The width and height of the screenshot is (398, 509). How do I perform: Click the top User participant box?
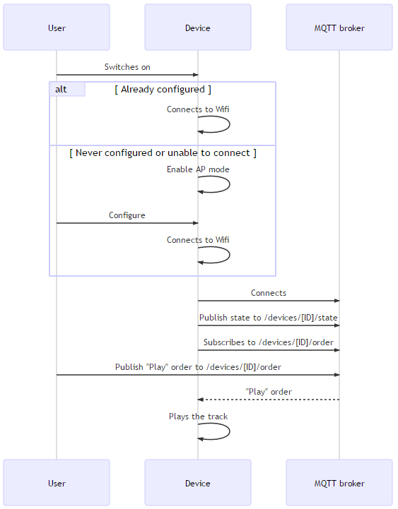click(57, 28)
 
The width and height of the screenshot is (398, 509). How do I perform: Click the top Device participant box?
click(198, 28)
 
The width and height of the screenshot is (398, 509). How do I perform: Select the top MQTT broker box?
click(339, 28)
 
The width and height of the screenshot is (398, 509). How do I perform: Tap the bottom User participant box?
click(57, 483)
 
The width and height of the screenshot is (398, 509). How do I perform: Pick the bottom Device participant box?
click(198, 483)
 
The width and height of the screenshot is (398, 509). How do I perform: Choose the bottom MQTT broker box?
click(339, 483)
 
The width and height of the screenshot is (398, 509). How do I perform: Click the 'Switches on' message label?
click(127, 67)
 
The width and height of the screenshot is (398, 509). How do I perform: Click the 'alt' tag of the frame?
click(62, 89)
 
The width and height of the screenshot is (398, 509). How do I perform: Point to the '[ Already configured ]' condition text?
click(163, 90)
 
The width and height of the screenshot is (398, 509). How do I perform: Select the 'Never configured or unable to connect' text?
click(163, 152)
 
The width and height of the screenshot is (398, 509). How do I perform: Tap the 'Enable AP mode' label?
click(198, 169)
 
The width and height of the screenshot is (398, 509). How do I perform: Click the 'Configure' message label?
click(127, 215)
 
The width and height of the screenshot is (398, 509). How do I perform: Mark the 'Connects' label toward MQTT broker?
click(269, 293)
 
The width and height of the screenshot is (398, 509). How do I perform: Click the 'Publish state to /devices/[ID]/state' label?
click(269, 318)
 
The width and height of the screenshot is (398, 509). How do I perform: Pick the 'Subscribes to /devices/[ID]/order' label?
click(269, 342)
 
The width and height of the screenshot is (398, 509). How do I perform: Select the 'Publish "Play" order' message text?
click(198, 367)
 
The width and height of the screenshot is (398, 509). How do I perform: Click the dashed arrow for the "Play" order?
click(269, 400)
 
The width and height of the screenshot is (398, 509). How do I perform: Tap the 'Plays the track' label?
click(198, 417)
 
